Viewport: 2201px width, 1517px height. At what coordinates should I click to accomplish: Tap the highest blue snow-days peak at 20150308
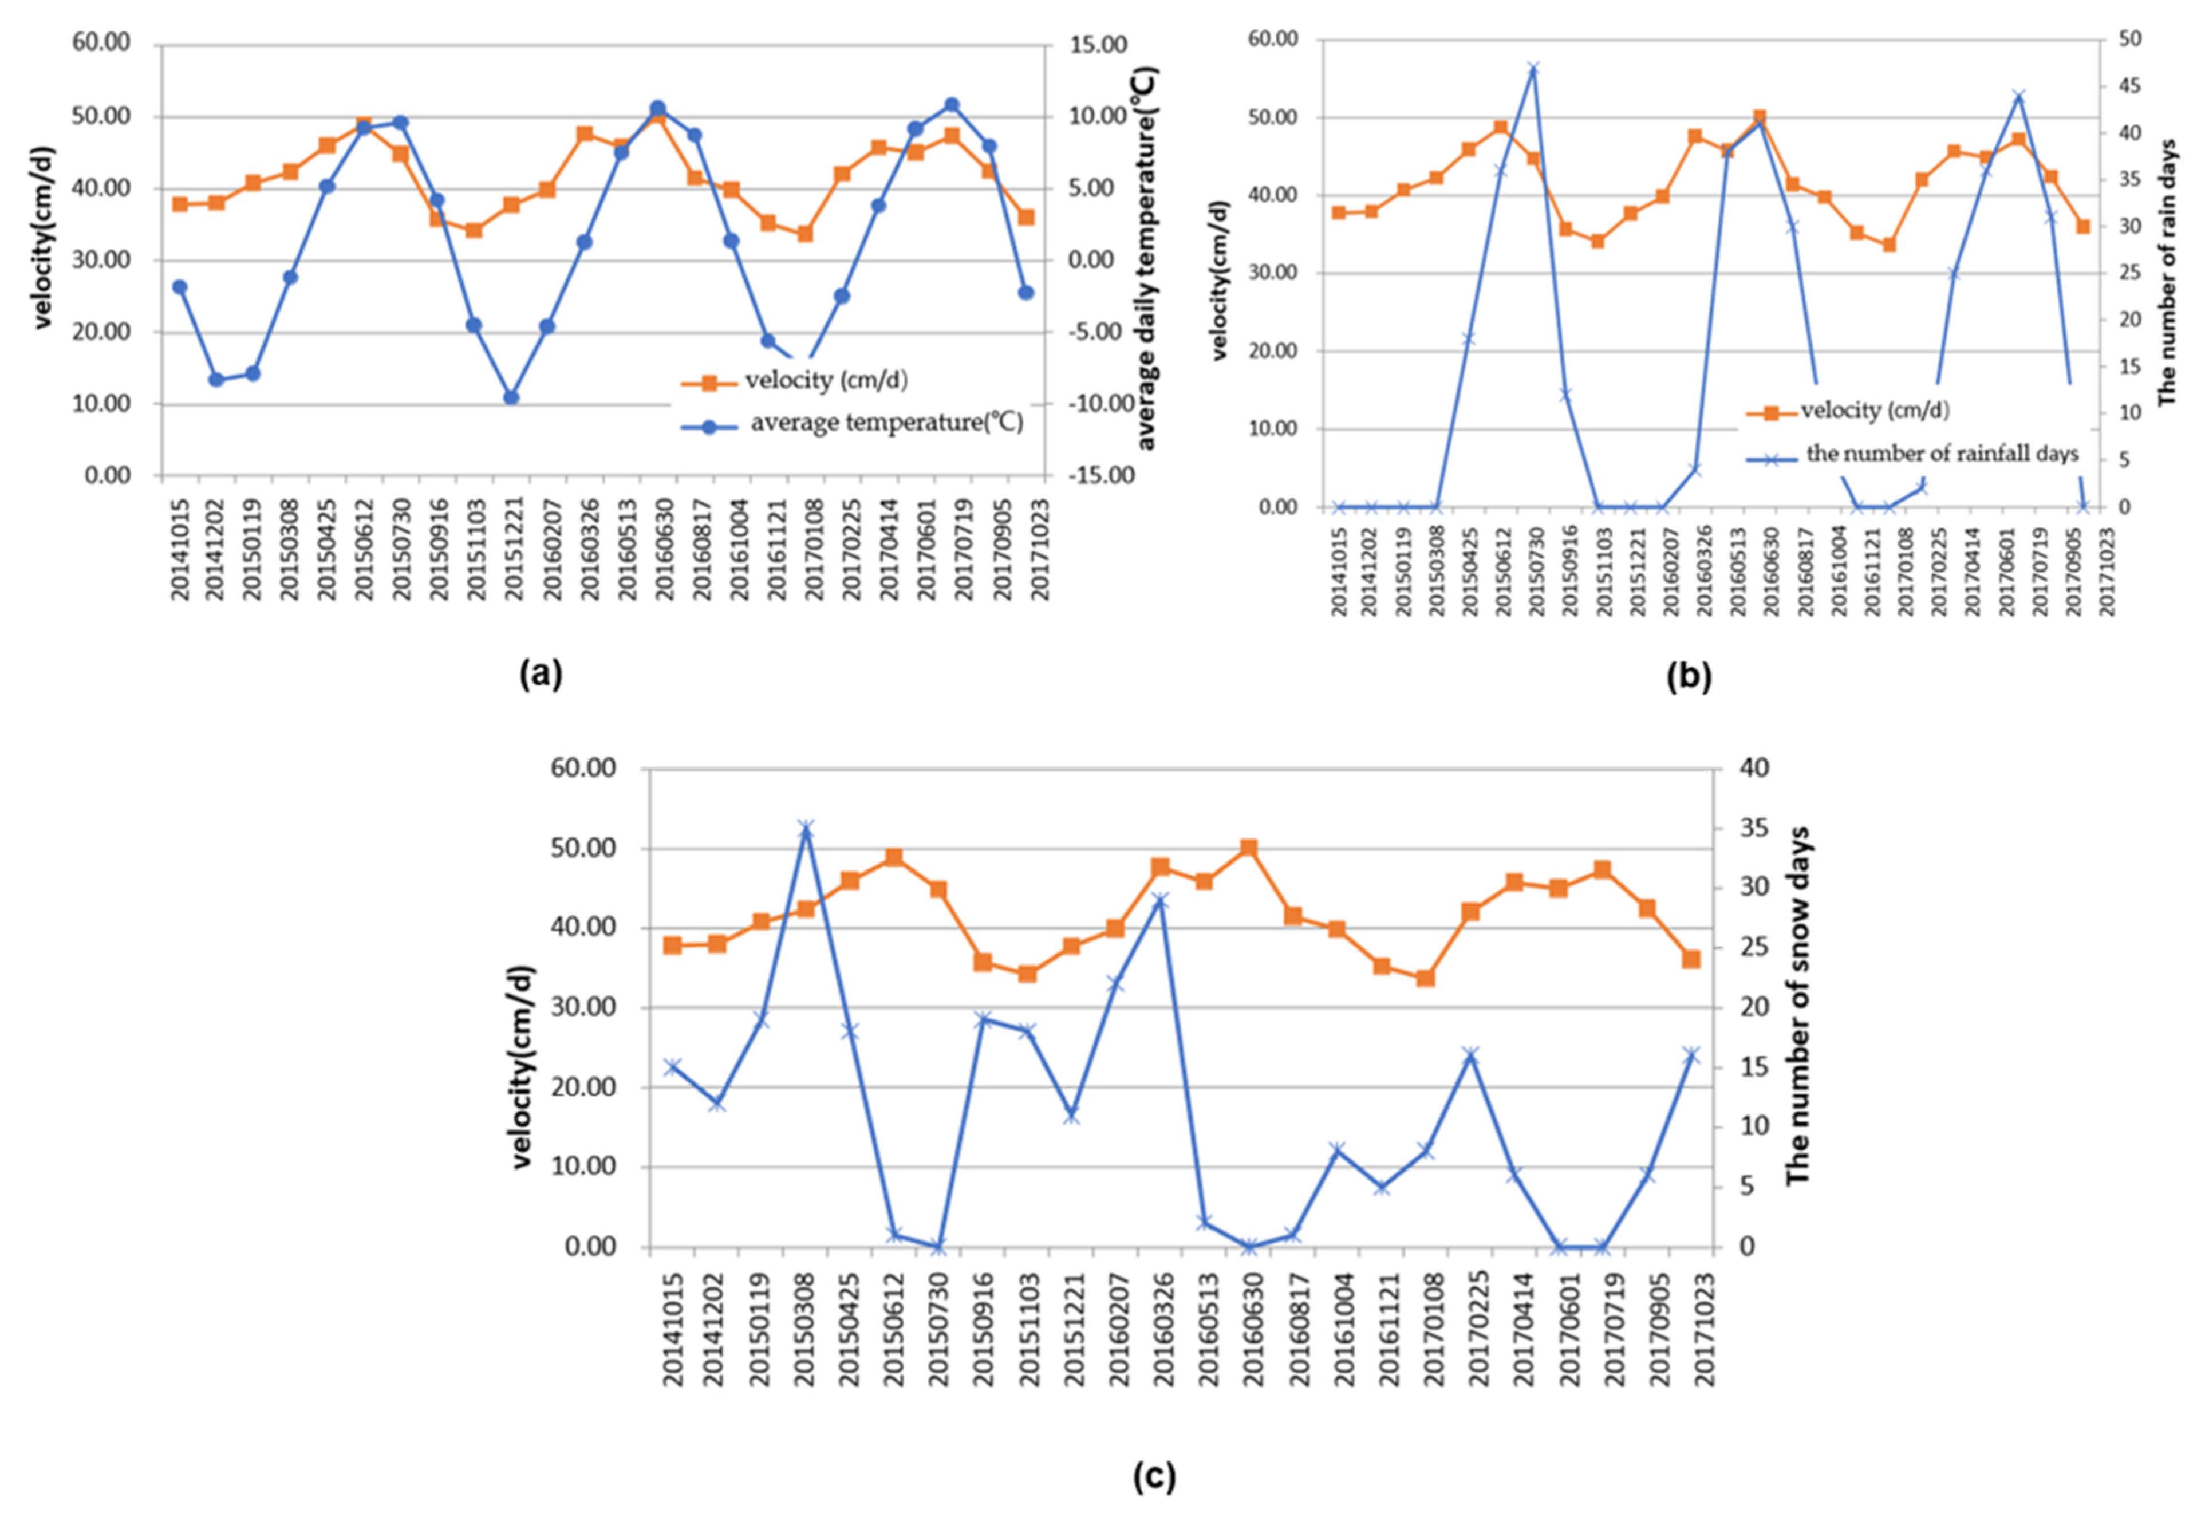coord(806,829)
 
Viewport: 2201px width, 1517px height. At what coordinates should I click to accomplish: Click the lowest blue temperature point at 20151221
coord(511,397)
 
